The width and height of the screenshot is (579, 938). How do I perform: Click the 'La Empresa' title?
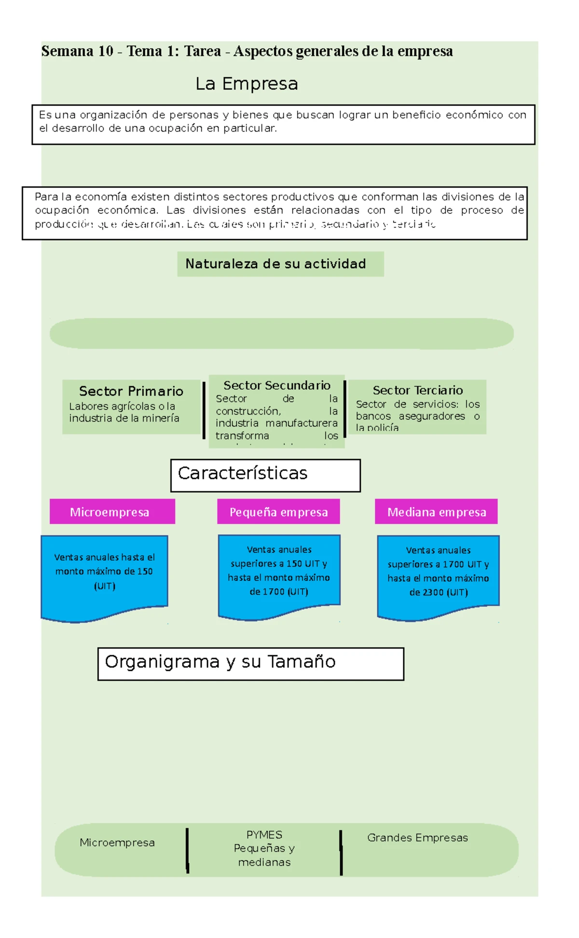[x=247, y=84]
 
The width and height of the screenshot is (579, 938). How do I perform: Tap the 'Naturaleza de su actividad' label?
[x=276, y=264]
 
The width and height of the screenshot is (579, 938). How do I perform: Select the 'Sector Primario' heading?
[x=131, y=391]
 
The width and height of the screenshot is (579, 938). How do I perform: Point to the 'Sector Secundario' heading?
[x=276, y=385]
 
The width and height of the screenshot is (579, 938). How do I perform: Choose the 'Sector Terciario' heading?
[x=417, y=390]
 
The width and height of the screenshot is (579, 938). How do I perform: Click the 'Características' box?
[x=265, y=475]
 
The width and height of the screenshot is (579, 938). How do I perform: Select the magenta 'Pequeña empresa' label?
[x=278, y=512]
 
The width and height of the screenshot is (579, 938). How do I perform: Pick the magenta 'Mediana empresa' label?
[x=436, y=512]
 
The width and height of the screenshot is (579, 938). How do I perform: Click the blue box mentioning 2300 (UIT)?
[x=438, y=574]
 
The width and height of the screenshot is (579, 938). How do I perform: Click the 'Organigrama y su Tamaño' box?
[x=250, y=664]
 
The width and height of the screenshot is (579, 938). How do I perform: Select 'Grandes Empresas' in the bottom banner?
[x=417, y=838]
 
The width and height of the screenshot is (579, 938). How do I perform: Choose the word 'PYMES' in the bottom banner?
[x=264, y=835]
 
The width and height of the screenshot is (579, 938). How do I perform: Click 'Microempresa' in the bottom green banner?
[x=117, y=843]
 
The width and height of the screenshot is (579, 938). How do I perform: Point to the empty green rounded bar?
[x=281, y=333]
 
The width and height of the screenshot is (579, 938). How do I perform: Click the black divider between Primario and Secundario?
[x=204, y=410]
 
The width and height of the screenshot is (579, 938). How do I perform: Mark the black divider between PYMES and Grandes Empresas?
[x=341, y=852]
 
